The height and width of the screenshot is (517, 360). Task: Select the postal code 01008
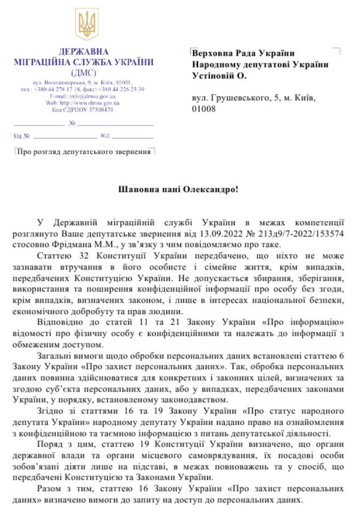[x=204, y=108]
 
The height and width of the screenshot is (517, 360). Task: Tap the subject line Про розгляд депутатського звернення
[x=83, y=152]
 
